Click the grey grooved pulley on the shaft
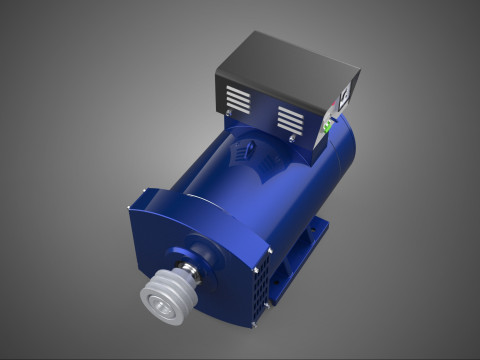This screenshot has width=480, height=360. point(162,296)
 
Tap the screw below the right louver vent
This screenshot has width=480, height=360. point(289,139)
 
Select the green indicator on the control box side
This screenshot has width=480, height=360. point(328,127)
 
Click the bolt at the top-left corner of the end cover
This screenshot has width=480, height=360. point(130,208)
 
